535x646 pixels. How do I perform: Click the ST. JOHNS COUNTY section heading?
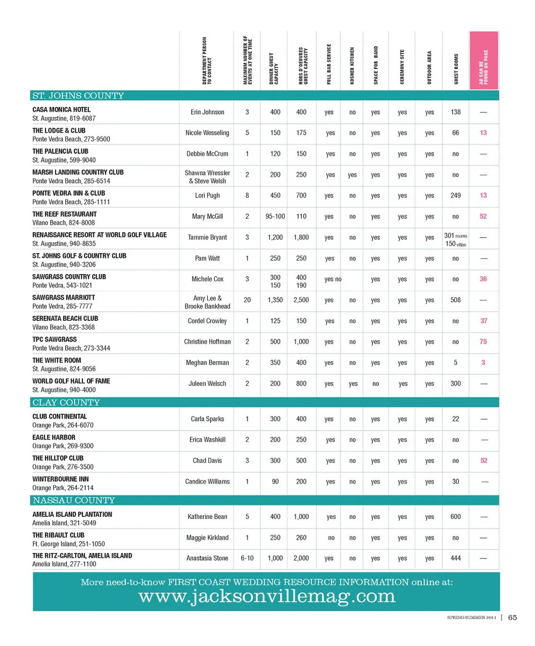coord(78,96)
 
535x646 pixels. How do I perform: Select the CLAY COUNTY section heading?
coord(66,403)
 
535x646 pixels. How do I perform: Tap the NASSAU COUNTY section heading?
coord(74,500)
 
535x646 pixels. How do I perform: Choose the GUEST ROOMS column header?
coord(456,70)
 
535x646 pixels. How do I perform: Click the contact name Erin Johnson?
coord(207,112)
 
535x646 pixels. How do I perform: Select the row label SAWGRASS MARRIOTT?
coord(64,297)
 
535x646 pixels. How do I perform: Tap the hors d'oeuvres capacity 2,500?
coord(301,300)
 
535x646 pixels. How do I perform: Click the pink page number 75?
coord(483,342)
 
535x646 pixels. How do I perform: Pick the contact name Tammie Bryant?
coord(207,237)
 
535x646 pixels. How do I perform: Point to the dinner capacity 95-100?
coord(275,217)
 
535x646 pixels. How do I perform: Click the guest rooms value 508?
coord(456,300)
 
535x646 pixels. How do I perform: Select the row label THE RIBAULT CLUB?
coord(59,535)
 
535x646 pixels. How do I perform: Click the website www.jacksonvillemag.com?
coord(267,596)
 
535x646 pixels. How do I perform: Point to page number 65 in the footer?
coord(513,617)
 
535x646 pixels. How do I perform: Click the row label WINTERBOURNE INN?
coord(60,479)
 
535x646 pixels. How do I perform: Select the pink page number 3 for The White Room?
coord(483,363)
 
